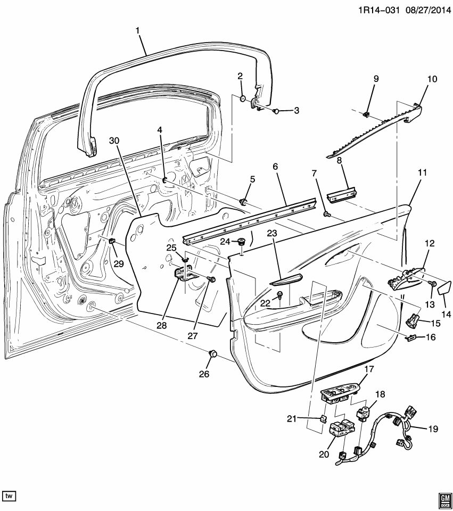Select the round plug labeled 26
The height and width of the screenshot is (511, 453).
tap(213, 353)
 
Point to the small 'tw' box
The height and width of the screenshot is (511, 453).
tap(10, 496)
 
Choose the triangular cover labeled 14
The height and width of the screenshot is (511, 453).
tap(443, 289)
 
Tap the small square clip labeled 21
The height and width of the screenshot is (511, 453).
tap(323, 418)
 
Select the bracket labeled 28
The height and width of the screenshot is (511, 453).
tap(183, 273)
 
